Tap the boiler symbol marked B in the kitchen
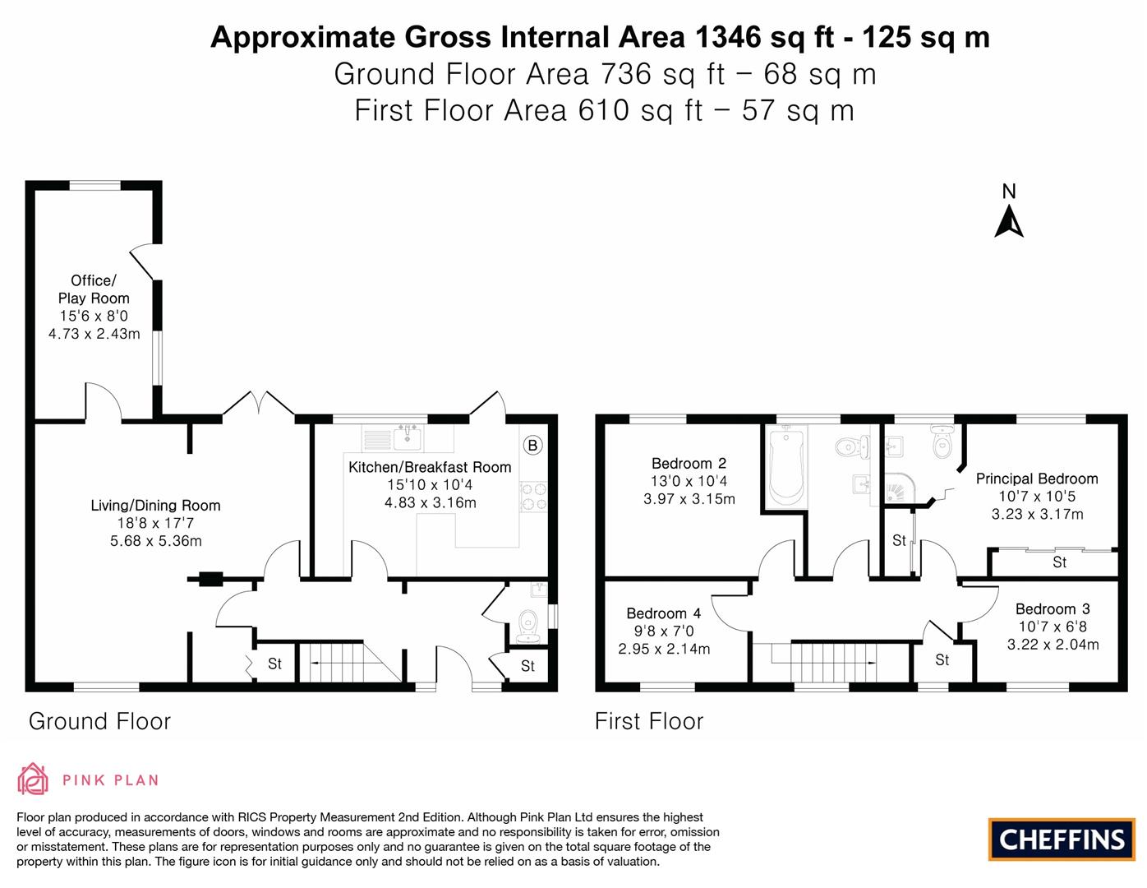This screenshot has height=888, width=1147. click(x=532, y=446)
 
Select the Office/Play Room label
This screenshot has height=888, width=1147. click(x=94, y=289)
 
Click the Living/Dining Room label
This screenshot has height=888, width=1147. click(x=155, y=506)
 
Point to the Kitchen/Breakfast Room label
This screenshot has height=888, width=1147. click(x=430, y=467)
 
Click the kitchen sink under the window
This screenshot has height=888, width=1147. click(x=407, y=438)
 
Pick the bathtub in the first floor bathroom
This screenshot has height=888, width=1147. click(x=786, y=465)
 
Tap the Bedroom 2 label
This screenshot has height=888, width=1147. click(x=689, y=464)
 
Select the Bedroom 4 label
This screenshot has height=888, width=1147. click(x=663, y=613)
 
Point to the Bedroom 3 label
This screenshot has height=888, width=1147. click(x=1053, y=609)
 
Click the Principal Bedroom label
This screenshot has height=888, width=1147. click(x=1037, y=479)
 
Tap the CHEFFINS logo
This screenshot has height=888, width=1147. click(x=1062, y=839)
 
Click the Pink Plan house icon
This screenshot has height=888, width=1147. click(x=34, y=779)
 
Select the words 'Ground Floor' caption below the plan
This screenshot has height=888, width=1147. click(x=99, y=721)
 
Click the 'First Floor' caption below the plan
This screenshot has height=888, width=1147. click(x=649, y=721)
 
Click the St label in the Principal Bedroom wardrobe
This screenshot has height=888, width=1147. click(x=1059, y=563)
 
